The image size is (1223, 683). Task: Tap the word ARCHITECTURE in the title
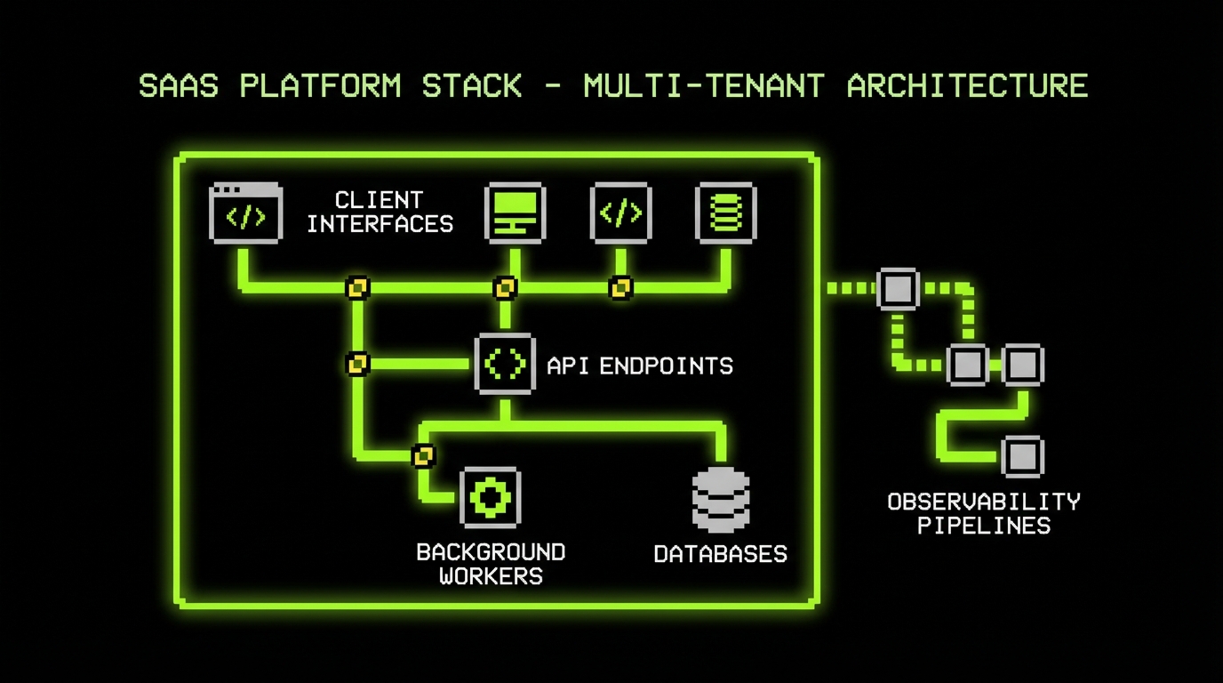[x=967, y=86]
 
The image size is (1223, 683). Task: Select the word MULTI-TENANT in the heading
[x=703, y=86]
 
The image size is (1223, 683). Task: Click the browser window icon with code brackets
[x=245, y=213]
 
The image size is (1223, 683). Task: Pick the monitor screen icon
[x=515, y=213]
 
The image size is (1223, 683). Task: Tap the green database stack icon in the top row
[x=725, y=213]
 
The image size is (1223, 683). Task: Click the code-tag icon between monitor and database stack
[x=620, y=213]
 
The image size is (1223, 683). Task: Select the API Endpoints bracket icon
[x=505, y=364]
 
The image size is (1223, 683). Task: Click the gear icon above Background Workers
[x=490, y=497]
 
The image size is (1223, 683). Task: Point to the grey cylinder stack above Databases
[x=721, y=499]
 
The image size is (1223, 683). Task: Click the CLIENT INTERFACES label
[x=380, y=212]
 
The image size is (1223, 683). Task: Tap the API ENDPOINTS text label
[x=640, y=366]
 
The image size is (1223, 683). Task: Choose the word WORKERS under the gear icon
[x=491, y=576]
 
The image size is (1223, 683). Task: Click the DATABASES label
[x=720, y=554]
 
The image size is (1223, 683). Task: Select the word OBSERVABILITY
[x=984, y=502]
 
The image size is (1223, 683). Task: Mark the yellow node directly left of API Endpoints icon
[x=357, y=364]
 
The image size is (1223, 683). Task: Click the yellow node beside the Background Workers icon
[x=424, y=456]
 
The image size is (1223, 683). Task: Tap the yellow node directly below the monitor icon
[x=505, y=288]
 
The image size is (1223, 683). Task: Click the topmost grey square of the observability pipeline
[x=898, y=288]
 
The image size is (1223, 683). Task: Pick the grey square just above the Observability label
[x=1022, y=457]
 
